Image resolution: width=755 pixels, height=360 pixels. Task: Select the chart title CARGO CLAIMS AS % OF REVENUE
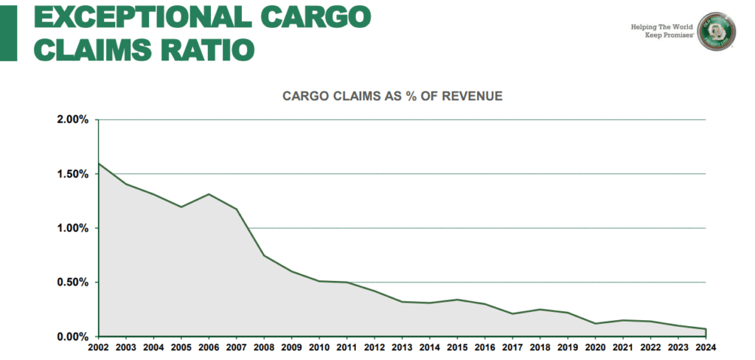pyautogui.click(x=393, y=96)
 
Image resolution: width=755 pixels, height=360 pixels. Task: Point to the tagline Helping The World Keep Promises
pyautogui.click(x=662, y=30)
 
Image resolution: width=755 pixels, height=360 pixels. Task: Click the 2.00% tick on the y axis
pyautogui.click(x=72, y=120)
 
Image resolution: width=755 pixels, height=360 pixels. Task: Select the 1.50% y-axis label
pyautogui.click(x=72, y=174)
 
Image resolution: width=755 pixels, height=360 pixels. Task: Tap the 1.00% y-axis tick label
pyautogui.click(x=72, y=228)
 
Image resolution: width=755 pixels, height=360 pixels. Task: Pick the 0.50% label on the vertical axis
pyautogui.click(x=72, y=283)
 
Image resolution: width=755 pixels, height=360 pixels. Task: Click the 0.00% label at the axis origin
pyautogui.click(x=72, y=336)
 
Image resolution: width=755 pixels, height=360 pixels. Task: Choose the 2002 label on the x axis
pyautogui.click(x=98, y=347)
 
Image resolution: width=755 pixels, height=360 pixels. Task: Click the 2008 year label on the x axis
pyautogui.click(x=264, y=347)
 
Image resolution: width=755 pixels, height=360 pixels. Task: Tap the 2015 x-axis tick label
pyautogui.click(x=458, y=347)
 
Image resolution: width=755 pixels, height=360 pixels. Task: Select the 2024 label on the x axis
pyautogui.click(x=706, y=347)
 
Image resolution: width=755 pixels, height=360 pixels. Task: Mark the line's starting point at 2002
pyautogui.click(x=99, y=163)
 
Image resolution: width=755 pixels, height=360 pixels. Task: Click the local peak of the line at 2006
pyautogui.click(x=209, y=194)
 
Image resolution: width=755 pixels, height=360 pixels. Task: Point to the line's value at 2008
pyautogui.click(x=265, y=256)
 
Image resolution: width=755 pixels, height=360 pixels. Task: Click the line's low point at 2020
pyautogui.click(x=596, y=323)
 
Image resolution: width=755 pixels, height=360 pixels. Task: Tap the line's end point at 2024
pyautogui.click(x=706, y=329)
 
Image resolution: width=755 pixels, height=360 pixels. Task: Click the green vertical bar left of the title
pyautogui.click(x=7, y=31)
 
